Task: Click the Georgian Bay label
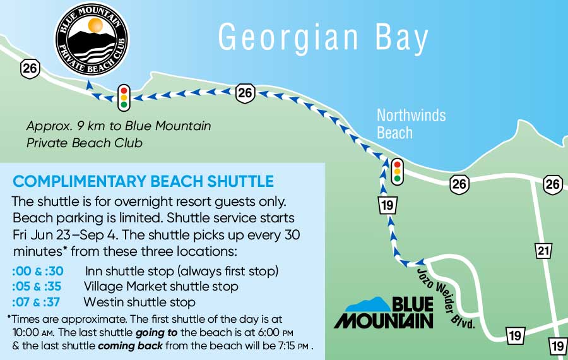click(323, 38)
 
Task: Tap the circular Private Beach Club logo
click(93, 40)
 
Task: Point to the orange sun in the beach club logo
click(95, 25)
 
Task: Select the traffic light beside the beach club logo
click(124, 97)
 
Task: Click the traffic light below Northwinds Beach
click(397, 171)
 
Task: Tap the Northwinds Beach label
click(411, 124)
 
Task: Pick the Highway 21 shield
click(543, 251)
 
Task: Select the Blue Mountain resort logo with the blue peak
click(384, 312)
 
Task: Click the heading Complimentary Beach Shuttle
click(143, 182)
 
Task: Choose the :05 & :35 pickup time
click(37, 287)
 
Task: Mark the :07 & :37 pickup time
click(37, 302)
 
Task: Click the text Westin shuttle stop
click(139, 302)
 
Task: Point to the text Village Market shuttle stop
click(161, 287)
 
